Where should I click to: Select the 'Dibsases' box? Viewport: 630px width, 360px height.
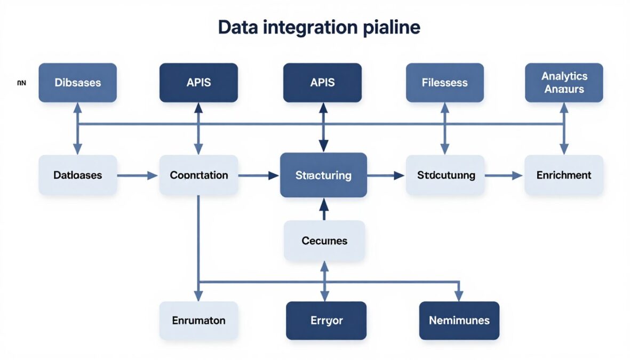point(78,83)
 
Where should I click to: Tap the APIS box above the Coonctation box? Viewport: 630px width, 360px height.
point(198,83)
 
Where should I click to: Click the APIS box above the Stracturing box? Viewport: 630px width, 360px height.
point(322,83)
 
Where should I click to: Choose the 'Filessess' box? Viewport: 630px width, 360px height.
point(444,83)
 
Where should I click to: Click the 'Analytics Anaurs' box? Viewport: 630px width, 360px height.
point(564,83)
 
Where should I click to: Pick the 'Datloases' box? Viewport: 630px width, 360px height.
point(78,175)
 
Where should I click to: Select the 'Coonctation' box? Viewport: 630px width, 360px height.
point(198,175)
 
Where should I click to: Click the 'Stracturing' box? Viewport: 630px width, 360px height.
point(323,175)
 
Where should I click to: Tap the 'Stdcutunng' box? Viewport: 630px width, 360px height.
point(445,175)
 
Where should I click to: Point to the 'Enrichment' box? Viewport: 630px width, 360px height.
point(564,175)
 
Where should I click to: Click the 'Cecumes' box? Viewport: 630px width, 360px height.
point(324,241)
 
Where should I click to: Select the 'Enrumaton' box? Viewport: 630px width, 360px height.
point(198,321)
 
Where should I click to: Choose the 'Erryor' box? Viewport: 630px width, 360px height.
point(326,321)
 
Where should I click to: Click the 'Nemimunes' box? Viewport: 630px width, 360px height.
point(459,321)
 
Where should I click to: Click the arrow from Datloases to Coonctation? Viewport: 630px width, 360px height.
point(138,175)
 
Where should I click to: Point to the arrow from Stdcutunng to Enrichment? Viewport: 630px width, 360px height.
point(503,175)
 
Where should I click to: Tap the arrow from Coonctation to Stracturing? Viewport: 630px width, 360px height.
point(259,175)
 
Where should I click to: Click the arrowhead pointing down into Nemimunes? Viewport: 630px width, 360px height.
point(458,295)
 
